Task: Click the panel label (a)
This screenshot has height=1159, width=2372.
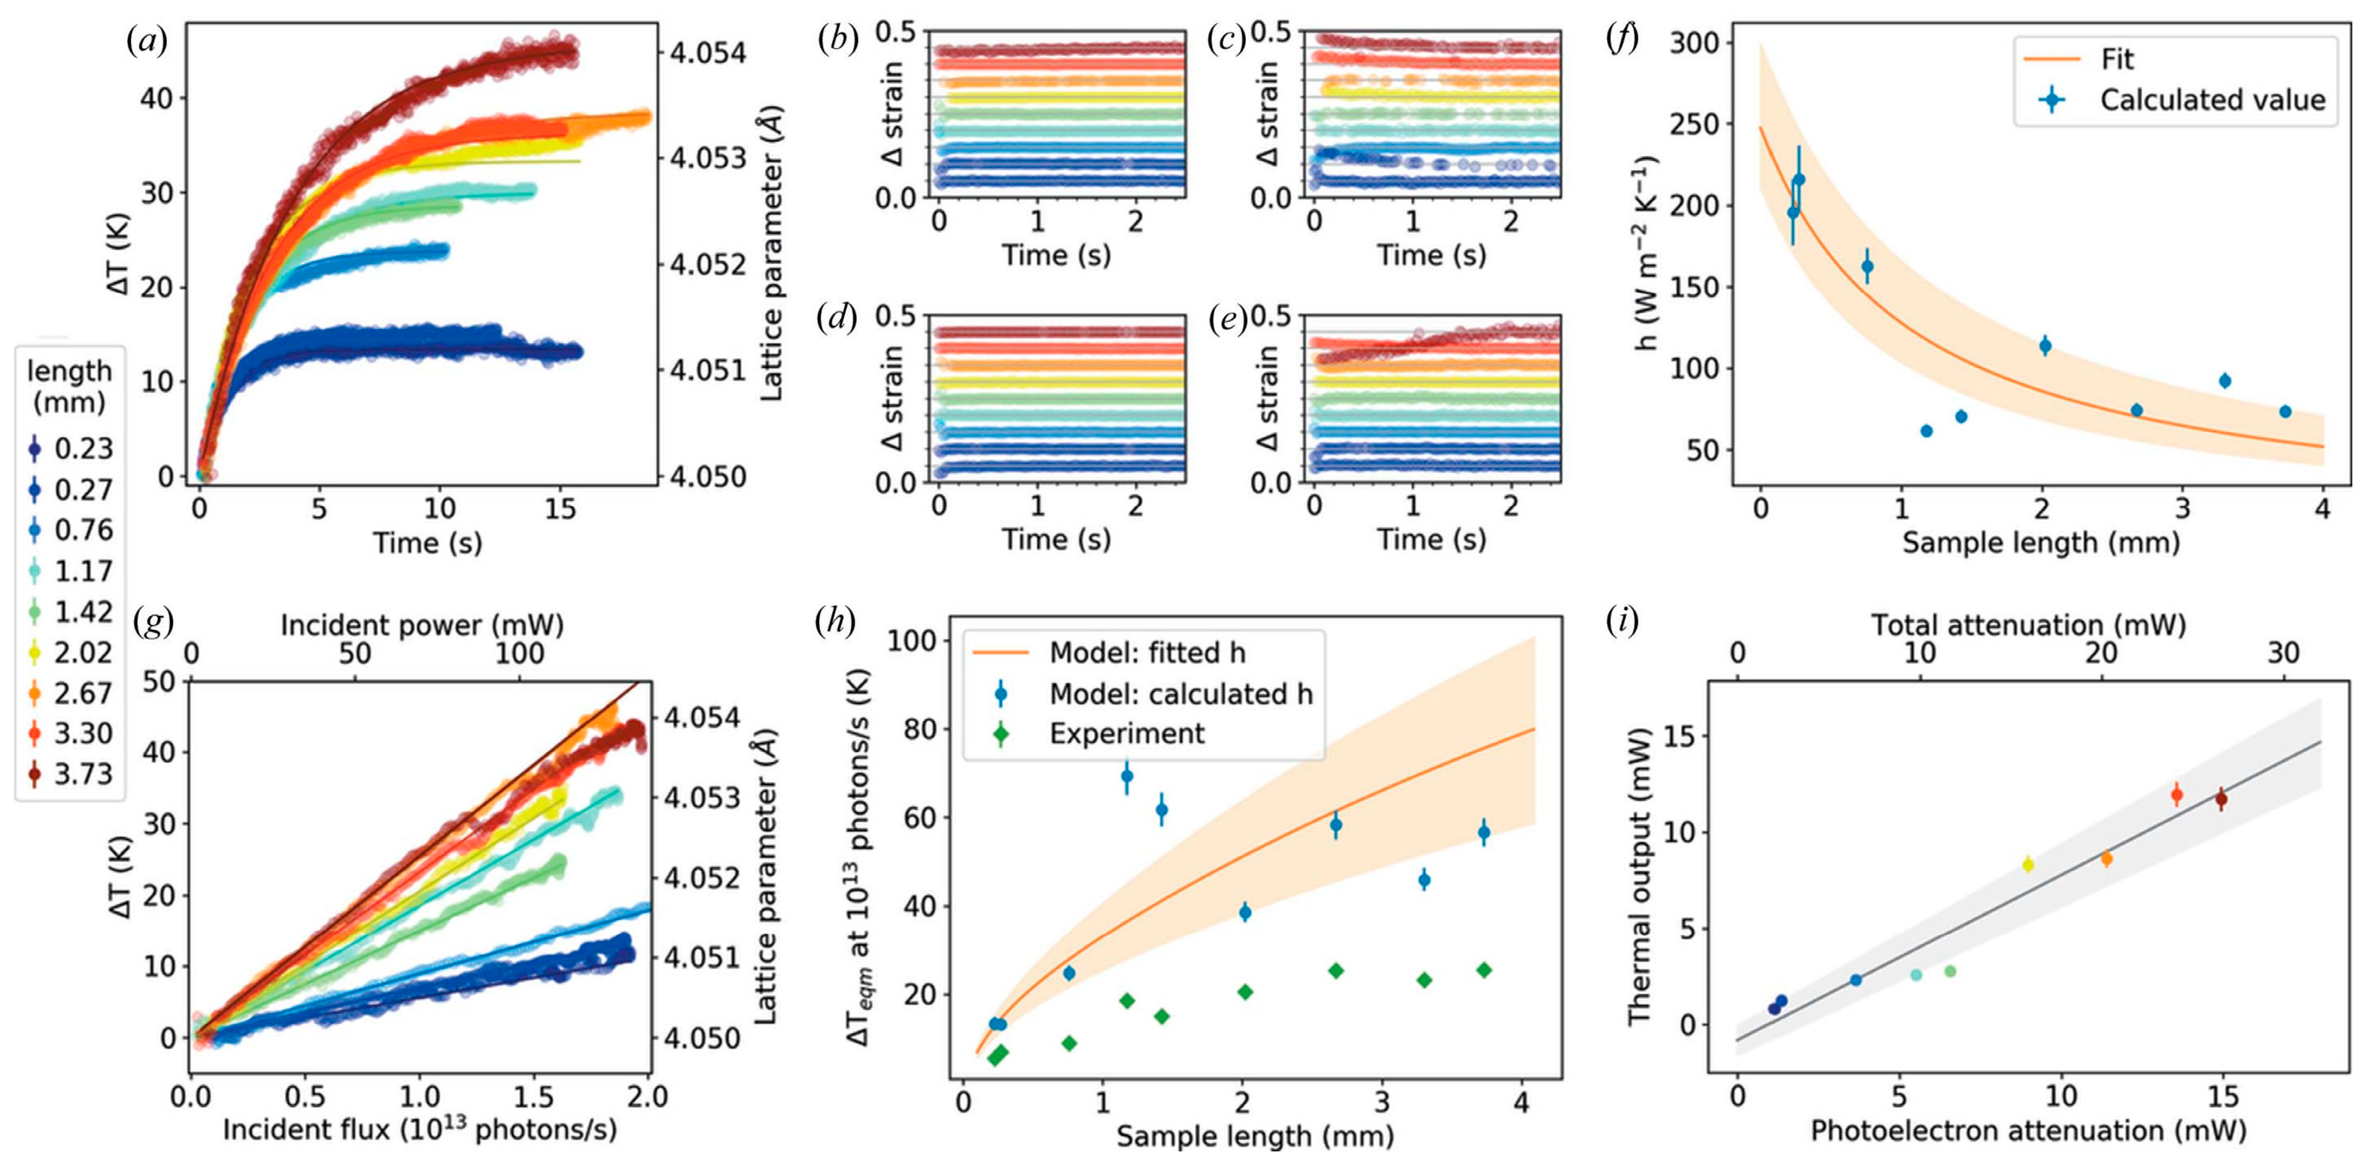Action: point(147,41)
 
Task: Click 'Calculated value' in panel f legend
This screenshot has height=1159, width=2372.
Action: point(2212,99)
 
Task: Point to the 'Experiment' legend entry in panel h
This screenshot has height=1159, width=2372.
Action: point(1126,734)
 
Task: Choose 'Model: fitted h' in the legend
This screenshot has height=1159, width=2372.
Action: point(1147,653)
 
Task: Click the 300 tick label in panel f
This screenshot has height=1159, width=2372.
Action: point(1695,42)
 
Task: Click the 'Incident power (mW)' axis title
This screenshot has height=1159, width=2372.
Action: point(422,625)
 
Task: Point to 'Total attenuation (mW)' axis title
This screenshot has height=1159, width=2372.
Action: point(2027,625)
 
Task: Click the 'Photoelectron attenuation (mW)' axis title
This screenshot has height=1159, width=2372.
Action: point(2027,1130)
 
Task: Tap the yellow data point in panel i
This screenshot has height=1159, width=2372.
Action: point(2027,864)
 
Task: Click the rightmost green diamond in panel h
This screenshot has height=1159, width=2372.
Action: point(1484,970)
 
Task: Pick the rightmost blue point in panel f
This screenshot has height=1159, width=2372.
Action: point(2285,411)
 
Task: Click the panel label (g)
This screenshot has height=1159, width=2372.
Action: point(153,622)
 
